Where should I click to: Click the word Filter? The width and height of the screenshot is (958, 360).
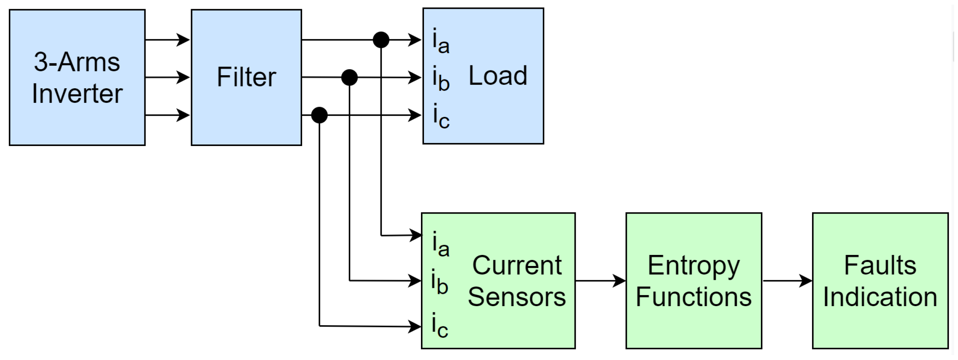(246, 77)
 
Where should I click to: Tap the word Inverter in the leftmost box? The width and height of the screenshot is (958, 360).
(77, 94)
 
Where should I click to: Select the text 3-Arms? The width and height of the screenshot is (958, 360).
(77, 62)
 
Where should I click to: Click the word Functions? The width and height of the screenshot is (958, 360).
(694, 297)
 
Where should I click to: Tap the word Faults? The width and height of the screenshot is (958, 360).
(880, 266)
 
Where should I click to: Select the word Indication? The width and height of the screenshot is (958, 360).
(880, 297)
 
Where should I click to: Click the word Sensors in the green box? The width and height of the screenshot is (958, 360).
(516, 297)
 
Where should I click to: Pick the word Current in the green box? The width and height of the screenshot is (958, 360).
(516, 266)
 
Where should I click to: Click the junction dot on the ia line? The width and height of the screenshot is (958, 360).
(381, 40)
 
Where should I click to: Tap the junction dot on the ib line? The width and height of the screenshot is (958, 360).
(349, 78)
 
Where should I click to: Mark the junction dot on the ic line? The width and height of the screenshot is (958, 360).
(319, 115)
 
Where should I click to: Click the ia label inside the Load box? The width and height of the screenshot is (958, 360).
(440, 41)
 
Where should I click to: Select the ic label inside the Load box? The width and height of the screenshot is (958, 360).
(440, 116)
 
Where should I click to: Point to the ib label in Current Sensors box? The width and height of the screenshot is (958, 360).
(439, 282)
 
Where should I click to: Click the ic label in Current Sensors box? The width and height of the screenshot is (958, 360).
(439, 326)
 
